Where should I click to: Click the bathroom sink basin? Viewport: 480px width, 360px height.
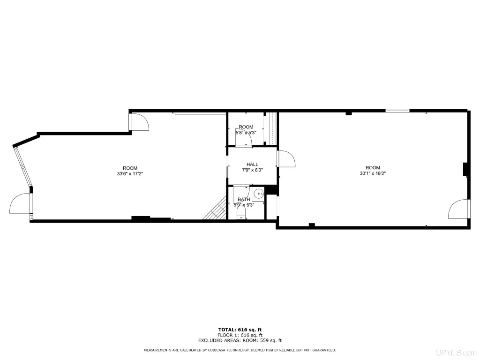coord(259,194)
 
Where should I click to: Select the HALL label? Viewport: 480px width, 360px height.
coord(252,165)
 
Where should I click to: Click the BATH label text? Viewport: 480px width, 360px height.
coord(244,199)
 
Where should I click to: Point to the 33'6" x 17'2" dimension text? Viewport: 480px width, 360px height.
coord(130,173)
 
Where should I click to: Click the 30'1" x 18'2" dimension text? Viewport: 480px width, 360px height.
coord(373,173)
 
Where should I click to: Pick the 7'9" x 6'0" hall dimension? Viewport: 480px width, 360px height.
coord(252,170)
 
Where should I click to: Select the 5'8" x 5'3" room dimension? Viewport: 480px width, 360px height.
coord(246,133)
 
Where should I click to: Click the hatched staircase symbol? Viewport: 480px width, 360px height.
coord(215,208)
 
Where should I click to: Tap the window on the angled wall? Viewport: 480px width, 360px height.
coord(23,166)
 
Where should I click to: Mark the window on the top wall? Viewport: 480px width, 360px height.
coord(397,111)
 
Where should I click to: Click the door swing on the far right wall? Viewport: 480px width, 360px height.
coord(458,209)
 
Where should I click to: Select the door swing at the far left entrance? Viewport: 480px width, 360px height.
coord(21,203)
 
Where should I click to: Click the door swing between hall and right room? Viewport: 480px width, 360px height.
coord(286,158)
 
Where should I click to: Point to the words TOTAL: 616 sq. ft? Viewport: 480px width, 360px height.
coord(240,330)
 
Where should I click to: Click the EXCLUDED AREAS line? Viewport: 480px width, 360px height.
coord(240,340)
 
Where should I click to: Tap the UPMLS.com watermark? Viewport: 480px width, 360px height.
coord(457,352)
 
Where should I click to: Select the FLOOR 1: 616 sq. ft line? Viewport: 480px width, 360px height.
coord(240,335)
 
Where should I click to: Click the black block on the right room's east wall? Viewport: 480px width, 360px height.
coord(465,169)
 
